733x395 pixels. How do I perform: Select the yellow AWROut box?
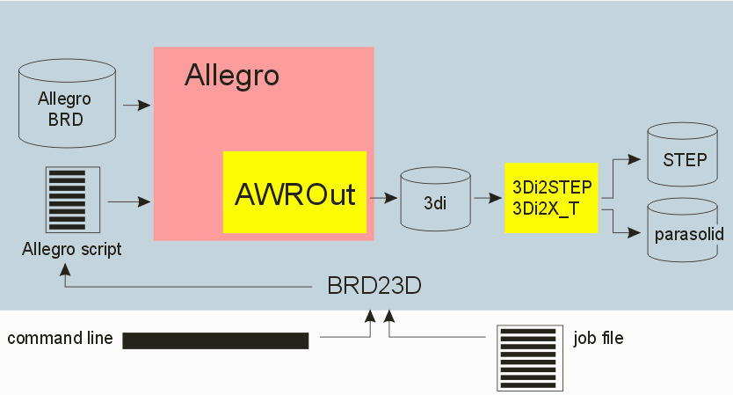(x=294, y=193)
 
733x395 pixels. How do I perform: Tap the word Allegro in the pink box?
(x=231, y=77)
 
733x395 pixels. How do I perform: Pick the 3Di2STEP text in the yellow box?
(x=551, y=187)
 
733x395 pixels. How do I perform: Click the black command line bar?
(x=215, y=341)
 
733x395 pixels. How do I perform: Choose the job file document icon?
(x=527, y=357)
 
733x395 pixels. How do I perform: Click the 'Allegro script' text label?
(x=71, y=250)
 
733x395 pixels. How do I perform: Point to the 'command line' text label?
(x=60, y=339)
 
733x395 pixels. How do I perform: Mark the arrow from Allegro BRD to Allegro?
(x=137, y=106)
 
